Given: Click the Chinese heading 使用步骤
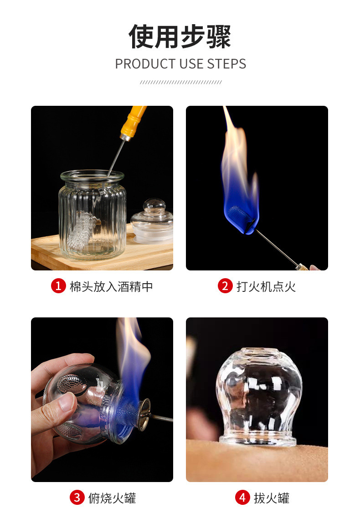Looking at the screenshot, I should coord(180,36).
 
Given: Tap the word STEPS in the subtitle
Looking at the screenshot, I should coord(226,64).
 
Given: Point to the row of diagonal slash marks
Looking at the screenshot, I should coord(180,82).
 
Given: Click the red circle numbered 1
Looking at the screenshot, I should coord(58,286).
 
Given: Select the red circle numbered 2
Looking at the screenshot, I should coord(225,286).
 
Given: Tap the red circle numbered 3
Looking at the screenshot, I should coord(77,498).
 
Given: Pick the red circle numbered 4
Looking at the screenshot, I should coord(242,498).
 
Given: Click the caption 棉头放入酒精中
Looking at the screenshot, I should coord(111,286).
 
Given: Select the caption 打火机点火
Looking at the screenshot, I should coord(266,286).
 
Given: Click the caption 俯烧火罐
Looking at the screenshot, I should coord(112,498).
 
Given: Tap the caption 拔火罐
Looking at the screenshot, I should coord(272,498).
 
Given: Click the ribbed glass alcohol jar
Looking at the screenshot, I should coord(93,214).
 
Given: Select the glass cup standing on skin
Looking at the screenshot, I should coord(258,394).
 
